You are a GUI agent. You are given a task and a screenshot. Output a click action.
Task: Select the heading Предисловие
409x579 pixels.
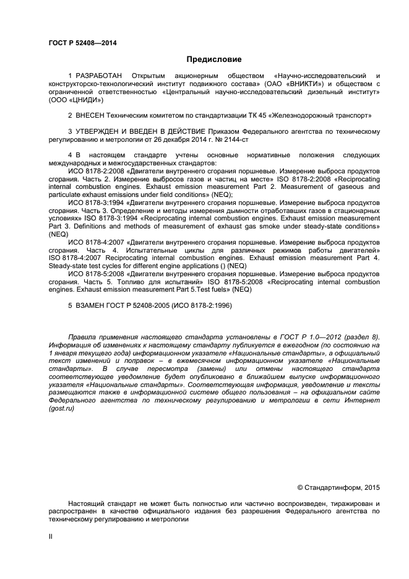[214, 60]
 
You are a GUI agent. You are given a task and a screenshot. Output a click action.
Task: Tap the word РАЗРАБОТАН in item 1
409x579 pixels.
[101, 76]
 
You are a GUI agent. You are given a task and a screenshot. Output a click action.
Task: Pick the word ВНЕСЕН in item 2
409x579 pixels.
[92, 115]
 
